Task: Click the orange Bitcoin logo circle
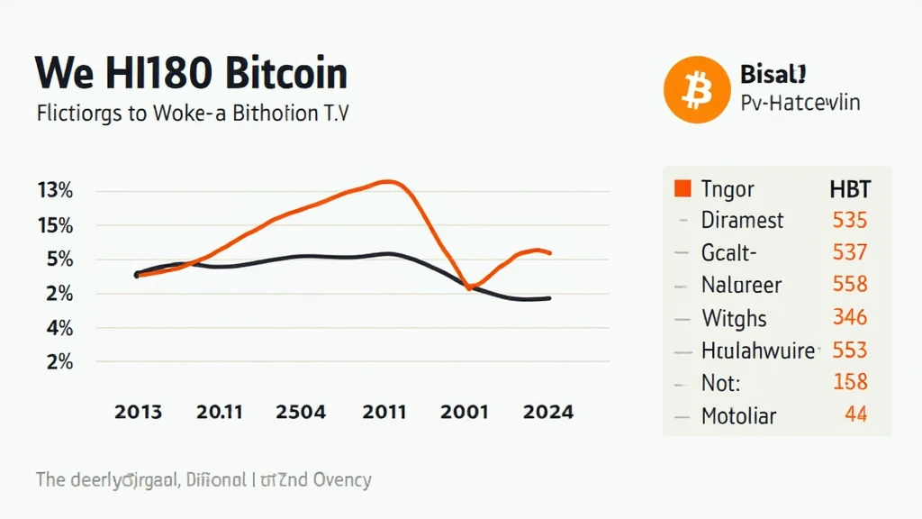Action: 694,90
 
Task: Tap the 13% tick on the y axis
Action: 55,191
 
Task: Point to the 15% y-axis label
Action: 55,225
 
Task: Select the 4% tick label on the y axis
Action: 55,328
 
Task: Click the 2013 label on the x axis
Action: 139,412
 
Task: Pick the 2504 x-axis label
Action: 301,412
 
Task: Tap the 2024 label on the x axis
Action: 547,412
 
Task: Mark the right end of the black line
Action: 549,298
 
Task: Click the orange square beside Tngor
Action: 682,188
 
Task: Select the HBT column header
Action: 848,188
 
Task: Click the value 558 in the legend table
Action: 849,285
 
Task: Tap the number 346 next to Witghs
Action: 849,317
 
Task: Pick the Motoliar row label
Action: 738,415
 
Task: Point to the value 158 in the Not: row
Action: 849,382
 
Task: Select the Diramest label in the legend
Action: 742,220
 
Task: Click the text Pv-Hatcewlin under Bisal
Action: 800,102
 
